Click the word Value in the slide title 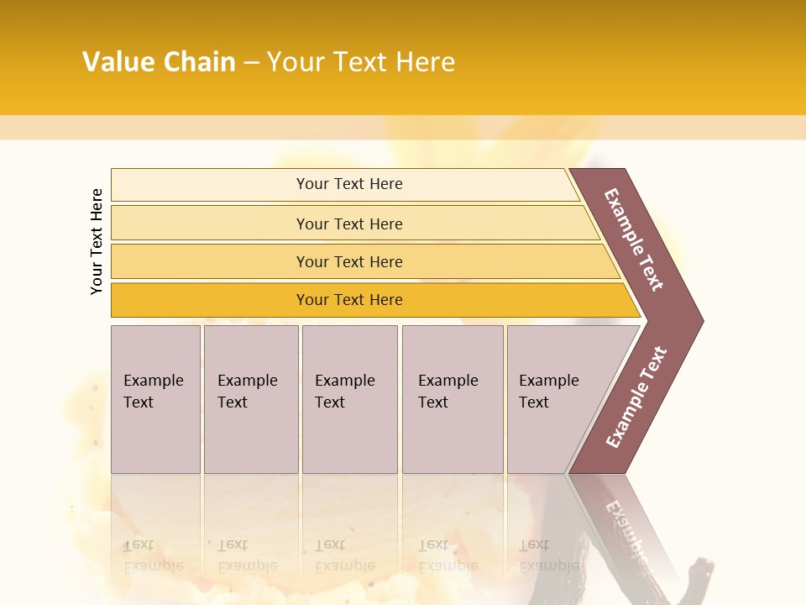pos(118,62)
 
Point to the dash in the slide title pos(251,63)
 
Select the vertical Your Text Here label pos(97,241)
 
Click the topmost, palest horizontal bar pos(349,184)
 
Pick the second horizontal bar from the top pos(349,224)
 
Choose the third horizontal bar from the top pos(349,261)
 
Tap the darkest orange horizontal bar pos(349,300)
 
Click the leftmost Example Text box pos(155,399)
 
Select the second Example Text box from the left pos(251,399)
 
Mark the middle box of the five pos(349,399)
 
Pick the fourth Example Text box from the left pos(453,399)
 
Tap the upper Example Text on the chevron pos(634,239)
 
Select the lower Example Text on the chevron pos(636,397)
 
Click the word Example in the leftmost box pos(153,381)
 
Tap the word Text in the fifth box pos(534,402)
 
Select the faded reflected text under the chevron pos(625,525)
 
